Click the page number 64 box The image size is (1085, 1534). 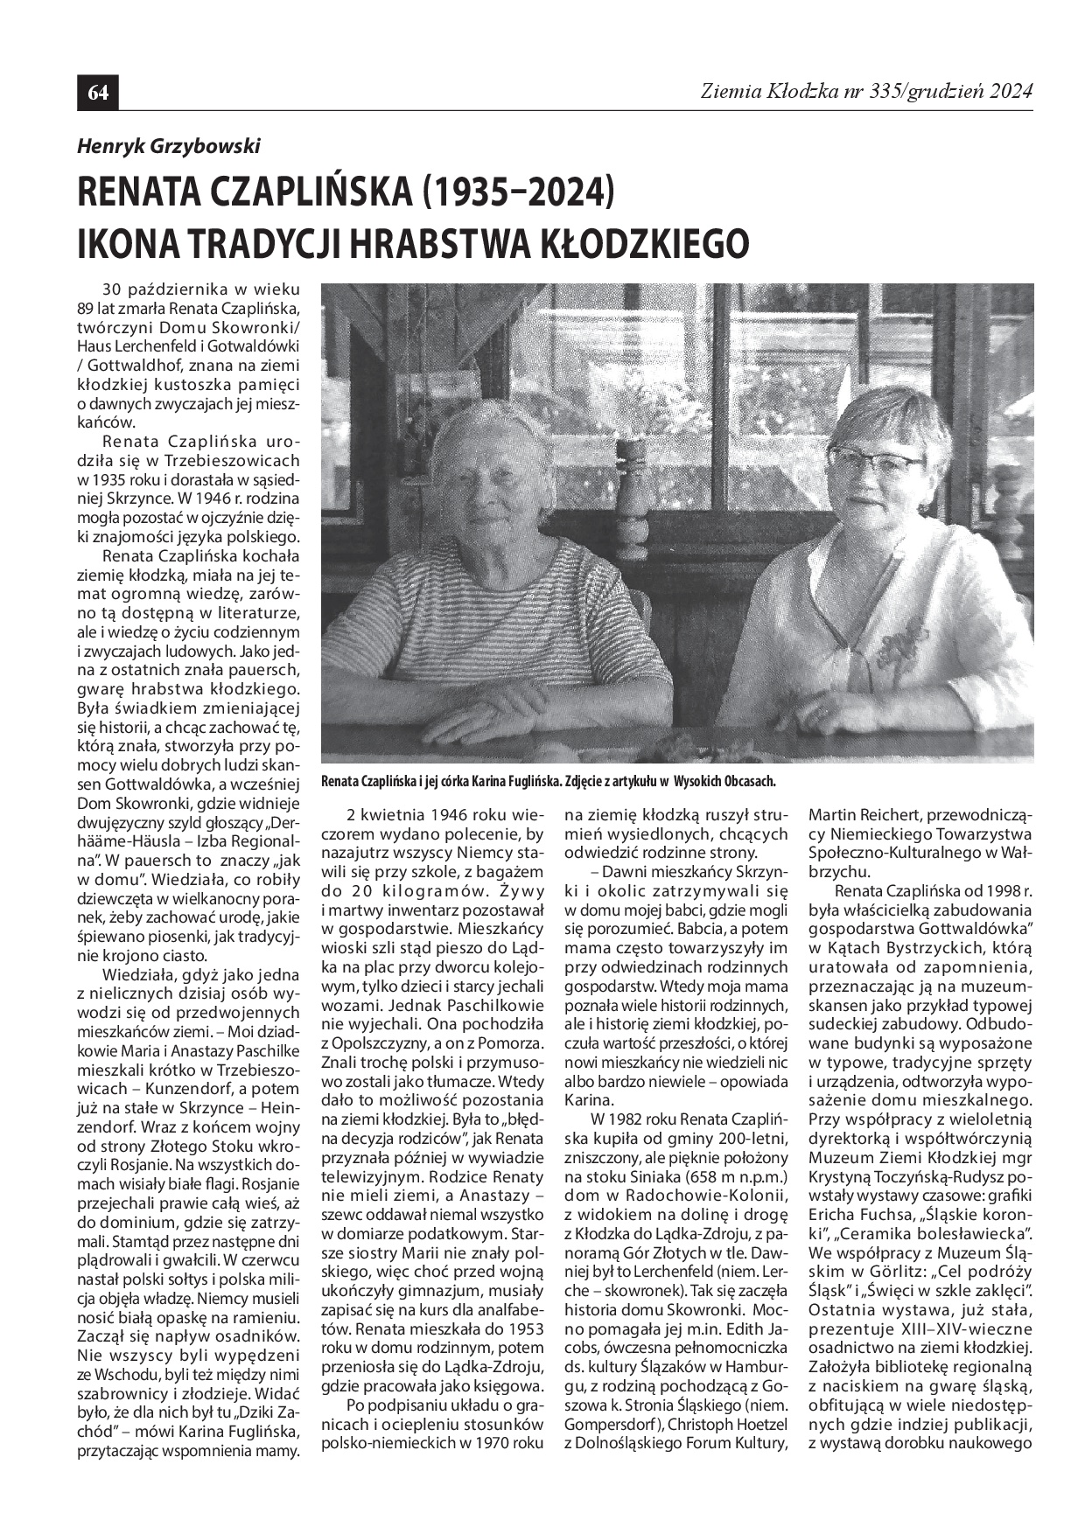[98, 93]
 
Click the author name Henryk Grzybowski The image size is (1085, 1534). [169, 147]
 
